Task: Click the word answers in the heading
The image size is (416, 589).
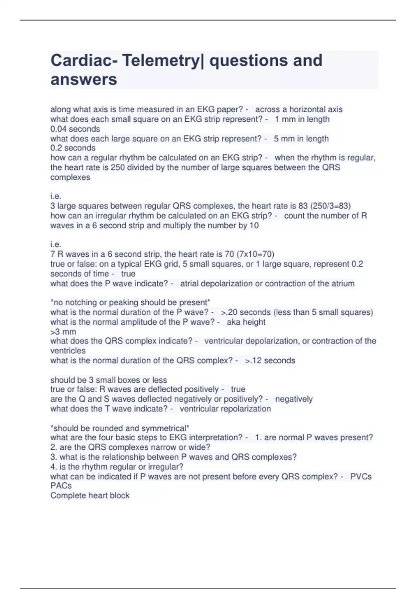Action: tap(84, 79)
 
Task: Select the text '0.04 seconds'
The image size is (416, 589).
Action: tap(75, 129)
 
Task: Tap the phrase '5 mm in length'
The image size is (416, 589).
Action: tap(301, 139)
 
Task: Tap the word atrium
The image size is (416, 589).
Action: tap(342, 283)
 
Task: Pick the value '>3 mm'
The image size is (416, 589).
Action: tap(63, 332)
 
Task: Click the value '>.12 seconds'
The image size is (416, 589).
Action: tap(270, 361)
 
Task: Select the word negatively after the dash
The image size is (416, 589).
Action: tap(294, 399)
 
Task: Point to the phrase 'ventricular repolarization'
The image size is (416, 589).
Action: tap(225, 409)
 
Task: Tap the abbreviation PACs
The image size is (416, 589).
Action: tap(61, 486)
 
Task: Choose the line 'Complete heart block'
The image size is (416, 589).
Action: tap(90, 495)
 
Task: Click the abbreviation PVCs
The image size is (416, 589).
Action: tap(361, 477)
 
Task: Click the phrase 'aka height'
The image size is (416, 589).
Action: tap(246, 322)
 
